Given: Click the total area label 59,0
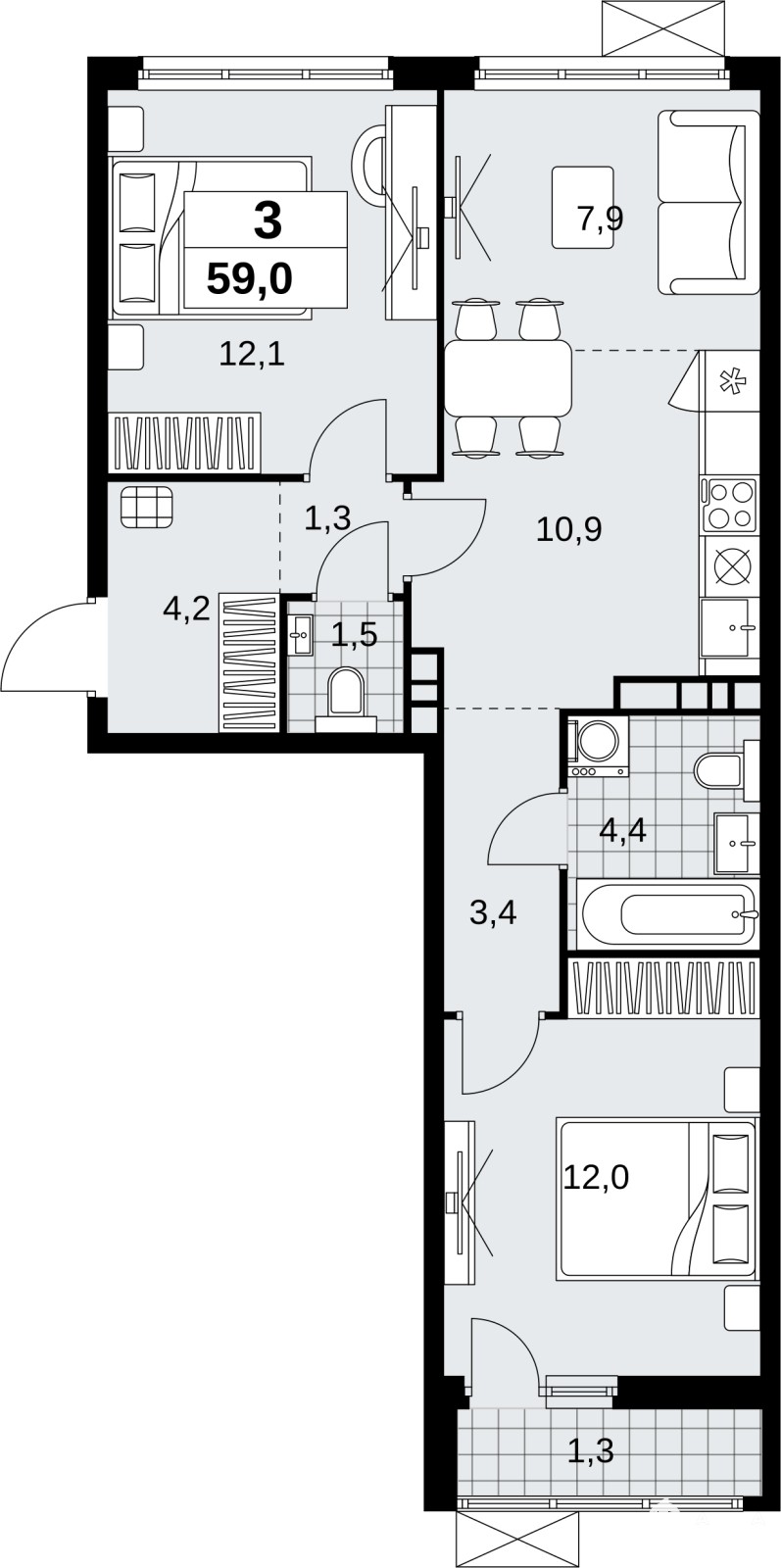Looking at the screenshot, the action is click(x=249, y=280).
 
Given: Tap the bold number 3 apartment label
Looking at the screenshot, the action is click(x=268, y=220).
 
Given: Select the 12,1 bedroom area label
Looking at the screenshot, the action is click(x=252, y=356).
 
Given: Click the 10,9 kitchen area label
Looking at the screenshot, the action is click(x=569, y=530).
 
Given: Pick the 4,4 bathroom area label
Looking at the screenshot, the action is click(x=623, y=832).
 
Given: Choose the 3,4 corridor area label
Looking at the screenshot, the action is click(x=493, y=912).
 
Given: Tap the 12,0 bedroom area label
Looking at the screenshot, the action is click(x=596, y=1178).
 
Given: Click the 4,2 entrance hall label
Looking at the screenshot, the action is click(x=186, y=609).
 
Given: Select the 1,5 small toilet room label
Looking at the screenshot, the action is click(x=354, y=634).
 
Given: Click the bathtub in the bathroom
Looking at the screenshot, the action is click(x=667, y=914).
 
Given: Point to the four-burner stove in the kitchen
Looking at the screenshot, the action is click(x=731, y=504).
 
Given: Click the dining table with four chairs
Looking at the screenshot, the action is click(x=508, y=377).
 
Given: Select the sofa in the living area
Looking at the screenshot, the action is click(x=708, y=202).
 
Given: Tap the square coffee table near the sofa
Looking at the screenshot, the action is click(x=583, y=207).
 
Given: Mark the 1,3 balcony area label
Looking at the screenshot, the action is click(x=591, y=1450).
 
